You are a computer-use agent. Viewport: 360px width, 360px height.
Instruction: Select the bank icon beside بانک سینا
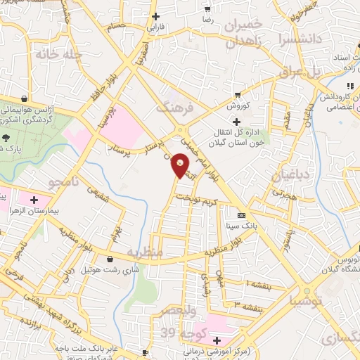tap(241, 215)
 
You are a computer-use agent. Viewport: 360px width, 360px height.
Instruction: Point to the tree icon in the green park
tap(6, 138)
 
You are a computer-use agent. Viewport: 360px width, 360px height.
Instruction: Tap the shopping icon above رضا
tap(207, 8)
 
